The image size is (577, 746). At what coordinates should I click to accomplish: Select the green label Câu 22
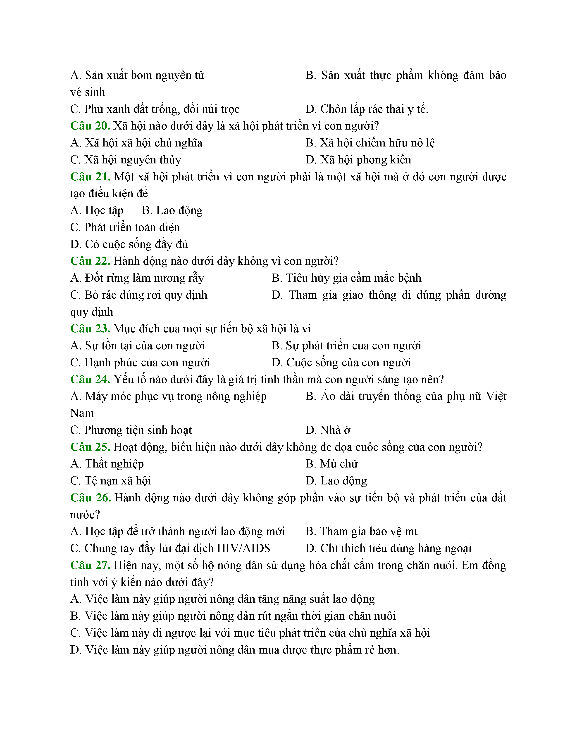click(90, 261)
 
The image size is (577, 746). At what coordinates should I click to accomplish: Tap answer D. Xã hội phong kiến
click(358, 160)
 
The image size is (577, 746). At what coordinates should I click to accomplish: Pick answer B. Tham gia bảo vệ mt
click(361, 531)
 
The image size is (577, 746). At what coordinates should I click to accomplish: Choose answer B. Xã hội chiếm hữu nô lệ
click(370, 143)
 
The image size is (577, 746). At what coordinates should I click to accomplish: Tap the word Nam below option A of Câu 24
click(82, 413)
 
